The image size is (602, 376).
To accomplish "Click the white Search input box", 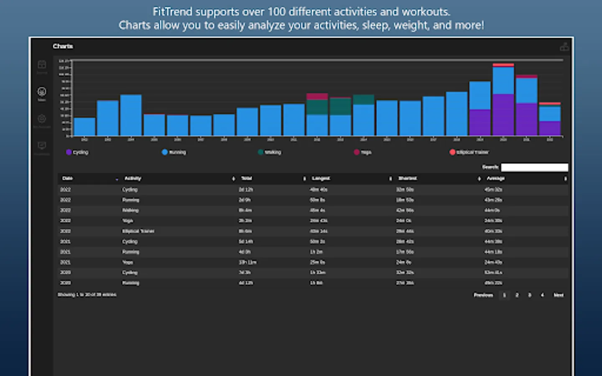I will point(534,167).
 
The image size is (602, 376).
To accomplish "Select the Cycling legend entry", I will point(77,152).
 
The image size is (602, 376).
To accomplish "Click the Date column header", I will point(68,178).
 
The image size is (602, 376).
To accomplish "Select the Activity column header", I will point(133,178).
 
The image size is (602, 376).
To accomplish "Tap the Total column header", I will point(247,178).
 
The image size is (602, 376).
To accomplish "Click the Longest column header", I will point(321,178).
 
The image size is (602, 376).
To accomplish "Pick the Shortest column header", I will point(407,178).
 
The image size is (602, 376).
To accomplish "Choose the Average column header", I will point(496,178).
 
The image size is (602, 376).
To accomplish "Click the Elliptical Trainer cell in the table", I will point(138,231).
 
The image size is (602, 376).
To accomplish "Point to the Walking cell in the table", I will point(130,210).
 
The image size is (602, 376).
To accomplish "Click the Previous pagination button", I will point(483,295).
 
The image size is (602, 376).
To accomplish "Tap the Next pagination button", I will point(559,295).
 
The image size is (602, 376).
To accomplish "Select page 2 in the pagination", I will point(517,295).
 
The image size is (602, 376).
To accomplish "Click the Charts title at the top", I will point(63,46).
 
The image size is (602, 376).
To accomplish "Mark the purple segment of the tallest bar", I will point(503,114).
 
